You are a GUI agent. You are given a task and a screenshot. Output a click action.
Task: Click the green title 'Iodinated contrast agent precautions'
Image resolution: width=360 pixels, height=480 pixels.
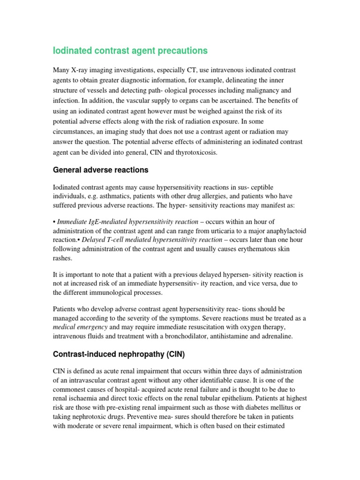(130, 50)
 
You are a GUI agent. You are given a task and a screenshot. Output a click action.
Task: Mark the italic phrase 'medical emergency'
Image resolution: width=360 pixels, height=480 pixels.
(81, 327)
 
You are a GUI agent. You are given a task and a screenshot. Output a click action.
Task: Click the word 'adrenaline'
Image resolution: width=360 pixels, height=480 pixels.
(289, 336)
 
